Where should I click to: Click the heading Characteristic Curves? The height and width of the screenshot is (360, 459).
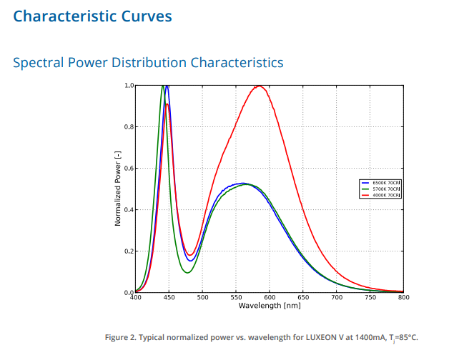(x=92, y=16)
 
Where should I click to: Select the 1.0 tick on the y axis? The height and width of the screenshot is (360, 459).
(x=129, y=86)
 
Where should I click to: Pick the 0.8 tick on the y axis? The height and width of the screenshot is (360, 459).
(x=129, y=127)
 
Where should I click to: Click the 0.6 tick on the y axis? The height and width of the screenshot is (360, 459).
(x=129, y=169)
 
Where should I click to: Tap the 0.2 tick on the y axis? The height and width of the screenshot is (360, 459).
(x=129, y=251)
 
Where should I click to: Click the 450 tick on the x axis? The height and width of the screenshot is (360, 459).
(x=169, y=297)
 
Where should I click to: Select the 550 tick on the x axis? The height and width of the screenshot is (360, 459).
(x=236, y=297)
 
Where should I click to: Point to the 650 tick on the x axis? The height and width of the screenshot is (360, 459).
(x=303, y=297)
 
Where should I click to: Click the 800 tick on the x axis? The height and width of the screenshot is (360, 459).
(x=404, y=297)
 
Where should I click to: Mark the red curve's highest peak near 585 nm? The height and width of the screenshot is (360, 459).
(x=259, y=86)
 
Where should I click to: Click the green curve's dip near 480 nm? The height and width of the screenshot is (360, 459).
(x=188, y=273)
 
